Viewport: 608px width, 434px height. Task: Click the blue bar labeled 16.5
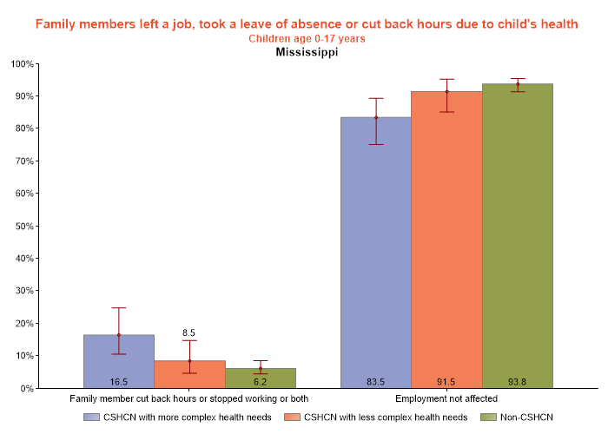[119, 361]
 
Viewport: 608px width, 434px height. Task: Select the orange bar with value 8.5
[189, 374]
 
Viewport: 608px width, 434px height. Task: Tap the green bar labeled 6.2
[260, 378]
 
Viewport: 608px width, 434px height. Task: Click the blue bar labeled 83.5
[376, 252]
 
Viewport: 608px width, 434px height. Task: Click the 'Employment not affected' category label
[446, 399]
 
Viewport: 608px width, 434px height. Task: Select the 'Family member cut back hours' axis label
[189, 399]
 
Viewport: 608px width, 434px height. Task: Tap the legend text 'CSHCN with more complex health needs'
[188, 418]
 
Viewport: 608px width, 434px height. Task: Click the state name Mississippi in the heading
[307, 52]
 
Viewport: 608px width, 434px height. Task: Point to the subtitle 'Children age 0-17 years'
[307, 39]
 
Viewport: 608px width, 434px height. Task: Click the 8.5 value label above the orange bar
[189, 332]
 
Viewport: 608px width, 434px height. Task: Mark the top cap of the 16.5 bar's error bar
[119, 308]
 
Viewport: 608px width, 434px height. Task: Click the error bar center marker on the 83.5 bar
[376, 117]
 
